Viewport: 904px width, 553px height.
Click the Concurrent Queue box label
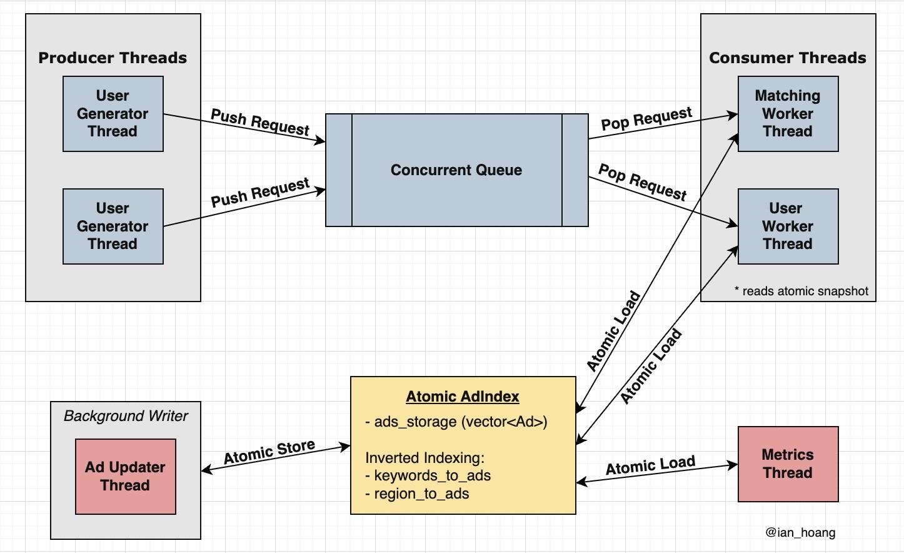click(456, 170)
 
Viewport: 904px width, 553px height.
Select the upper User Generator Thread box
click(113, 114)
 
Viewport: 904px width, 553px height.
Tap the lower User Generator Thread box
click(113, 226)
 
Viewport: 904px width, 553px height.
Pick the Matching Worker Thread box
click(788, 114)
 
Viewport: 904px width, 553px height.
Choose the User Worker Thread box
click(788, 226)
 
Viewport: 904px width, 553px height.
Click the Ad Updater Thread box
click(125, 477)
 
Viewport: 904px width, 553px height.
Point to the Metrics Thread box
click(788, 464)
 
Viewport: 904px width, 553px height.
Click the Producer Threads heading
click(113, 58)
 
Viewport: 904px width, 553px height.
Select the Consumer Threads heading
click(788, 58)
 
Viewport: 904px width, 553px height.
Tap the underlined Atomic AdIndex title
click(463, 397)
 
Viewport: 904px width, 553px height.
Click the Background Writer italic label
click(126, 416)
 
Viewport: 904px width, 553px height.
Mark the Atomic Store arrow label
click(269, 452)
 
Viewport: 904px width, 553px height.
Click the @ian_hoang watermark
click(800, 532)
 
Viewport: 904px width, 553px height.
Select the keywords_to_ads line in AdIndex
click(428, 475)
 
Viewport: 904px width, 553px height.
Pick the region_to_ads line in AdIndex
click(417, 494)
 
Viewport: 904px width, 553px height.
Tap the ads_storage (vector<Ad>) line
click(456, 422)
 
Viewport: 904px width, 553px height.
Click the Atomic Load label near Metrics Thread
click(650, 465)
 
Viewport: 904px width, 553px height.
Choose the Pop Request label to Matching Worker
click(646, 118)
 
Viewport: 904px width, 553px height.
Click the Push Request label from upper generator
click(260, 122)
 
